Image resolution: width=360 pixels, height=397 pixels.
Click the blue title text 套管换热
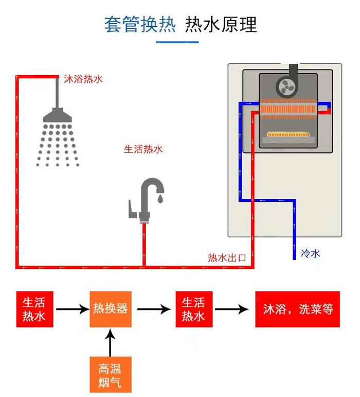(x=140, y=24)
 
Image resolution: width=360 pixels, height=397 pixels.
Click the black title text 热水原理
(x=221, y=24)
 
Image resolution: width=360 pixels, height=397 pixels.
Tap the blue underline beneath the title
(x=177, y=42)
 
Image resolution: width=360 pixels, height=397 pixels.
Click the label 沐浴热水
(x=83, y=79)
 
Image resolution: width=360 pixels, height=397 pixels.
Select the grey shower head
(x=58, y=115)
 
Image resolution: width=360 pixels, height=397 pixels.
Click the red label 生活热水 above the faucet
(x=143, y=149)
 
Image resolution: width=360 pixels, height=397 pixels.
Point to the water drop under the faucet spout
(x=160, y=199)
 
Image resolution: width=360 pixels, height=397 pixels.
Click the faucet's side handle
(x=132, y=210)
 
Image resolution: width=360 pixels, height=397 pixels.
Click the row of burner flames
(x=288, y=134)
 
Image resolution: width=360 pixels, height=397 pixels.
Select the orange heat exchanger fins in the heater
(x=288, y=109)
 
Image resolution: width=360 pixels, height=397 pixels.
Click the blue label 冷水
(x=311, y=253)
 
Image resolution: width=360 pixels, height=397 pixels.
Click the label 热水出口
(x=227, y=258)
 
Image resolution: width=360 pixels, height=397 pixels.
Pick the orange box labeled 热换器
(x=111, y=309)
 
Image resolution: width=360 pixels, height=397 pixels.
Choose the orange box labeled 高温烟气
(x=111, y=374)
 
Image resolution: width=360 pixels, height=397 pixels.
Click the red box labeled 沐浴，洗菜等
(x=297, y=309)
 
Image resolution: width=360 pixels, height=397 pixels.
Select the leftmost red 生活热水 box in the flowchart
(x=34, y=309)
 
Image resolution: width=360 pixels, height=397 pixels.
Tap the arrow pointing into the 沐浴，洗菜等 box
(x=232, y=309)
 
